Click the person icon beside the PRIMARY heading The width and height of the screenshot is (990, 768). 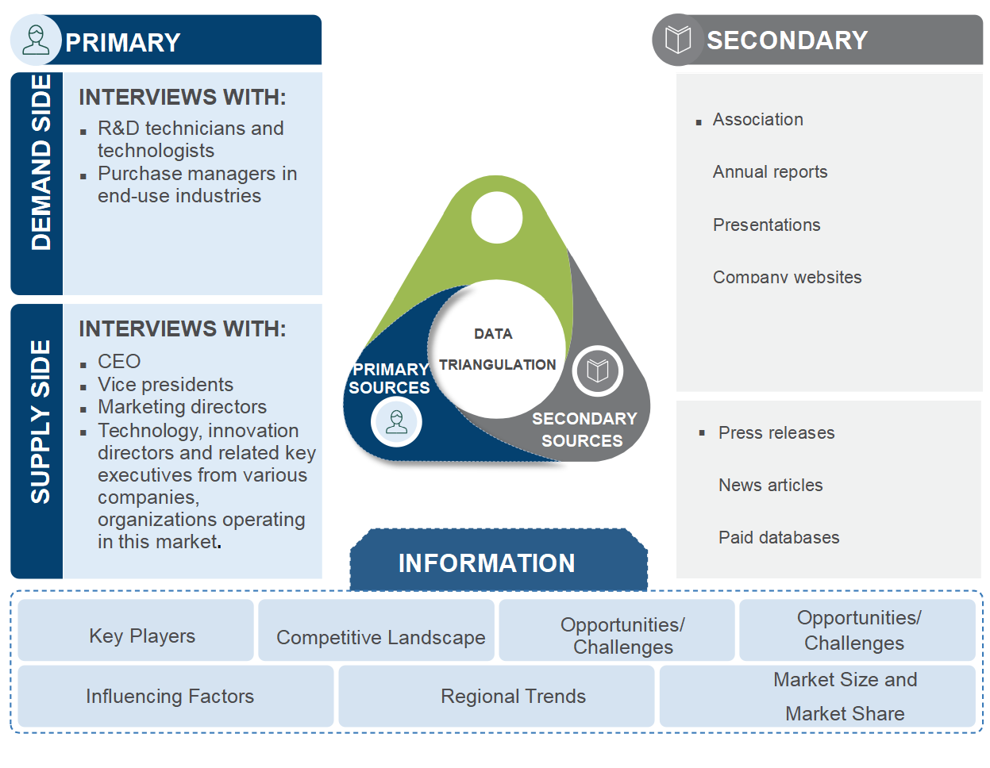click(36, 40)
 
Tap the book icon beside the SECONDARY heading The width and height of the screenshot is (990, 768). click(678, 40)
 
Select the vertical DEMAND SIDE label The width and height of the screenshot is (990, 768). click(40, 163)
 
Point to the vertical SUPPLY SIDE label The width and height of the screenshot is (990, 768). click(40, 421)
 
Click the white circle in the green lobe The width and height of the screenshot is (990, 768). click(496, 217)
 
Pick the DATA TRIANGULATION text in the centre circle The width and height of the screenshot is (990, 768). click(496, 350)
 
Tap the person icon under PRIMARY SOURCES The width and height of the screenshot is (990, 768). click(396, 421)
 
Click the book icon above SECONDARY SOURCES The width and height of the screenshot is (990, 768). click(597, 371)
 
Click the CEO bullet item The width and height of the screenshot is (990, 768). click(119, 362)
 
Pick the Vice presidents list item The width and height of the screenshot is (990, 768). click(165, 385)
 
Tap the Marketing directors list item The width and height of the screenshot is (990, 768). click(182, 407)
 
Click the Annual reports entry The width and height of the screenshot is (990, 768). click(770, 172)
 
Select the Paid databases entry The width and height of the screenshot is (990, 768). click(779, 538)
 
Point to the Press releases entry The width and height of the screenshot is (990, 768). click(776, 433)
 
